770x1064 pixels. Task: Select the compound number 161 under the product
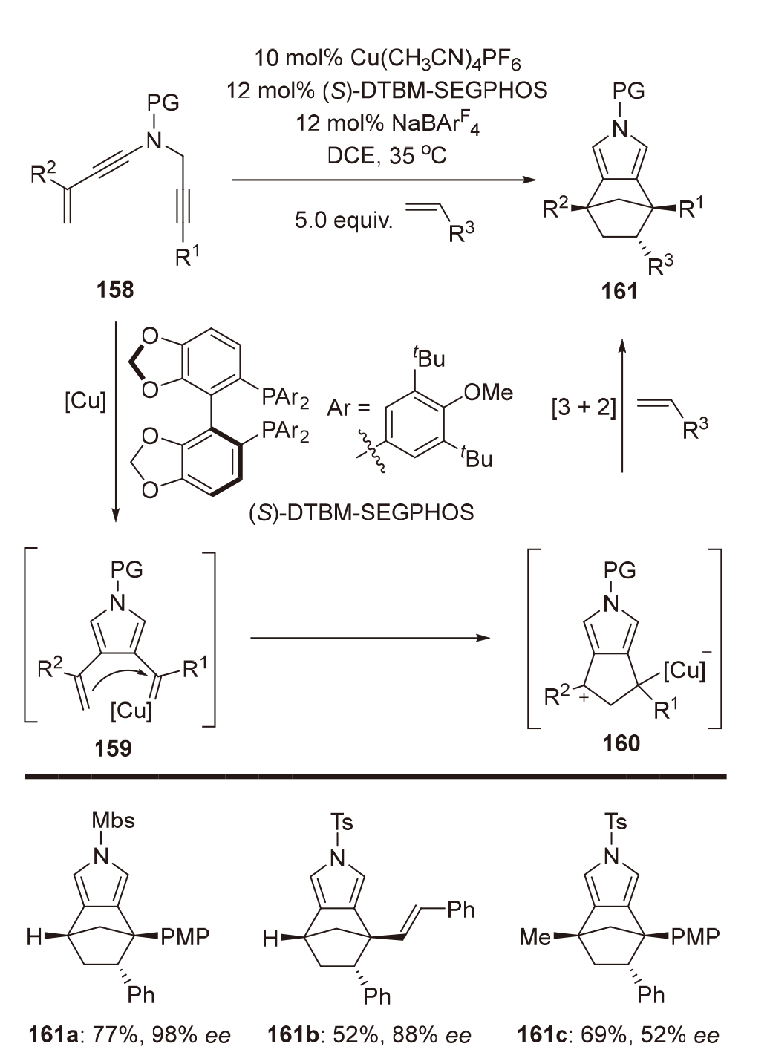click(619, 290)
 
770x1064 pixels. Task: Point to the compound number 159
click(113, 748)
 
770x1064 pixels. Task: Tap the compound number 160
click(621, 742)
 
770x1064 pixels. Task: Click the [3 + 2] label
click(584, 407)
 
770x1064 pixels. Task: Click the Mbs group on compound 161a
click(113, 820)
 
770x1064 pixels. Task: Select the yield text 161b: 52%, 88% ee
click(369, 1034)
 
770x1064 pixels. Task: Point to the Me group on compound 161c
click(535, 937)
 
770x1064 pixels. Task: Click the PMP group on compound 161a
click(185, 936)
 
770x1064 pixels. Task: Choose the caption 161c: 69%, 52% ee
click(618, 1034)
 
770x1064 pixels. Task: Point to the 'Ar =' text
click(348, 408)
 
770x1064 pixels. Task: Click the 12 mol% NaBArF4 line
click(387, 123)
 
